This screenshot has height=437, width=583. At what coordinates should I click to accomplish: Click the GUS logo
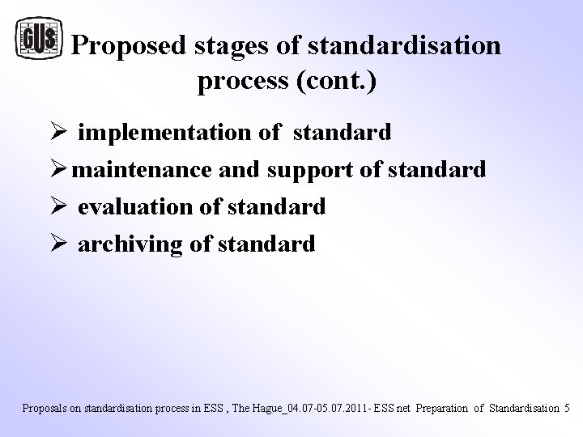(x=39, y=39)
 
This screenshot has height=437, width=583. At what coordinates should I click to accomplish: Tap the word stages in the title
(x=232, y=47)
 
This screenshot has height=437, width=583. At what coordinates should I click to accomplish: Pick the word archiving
(x=131, y=244)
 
